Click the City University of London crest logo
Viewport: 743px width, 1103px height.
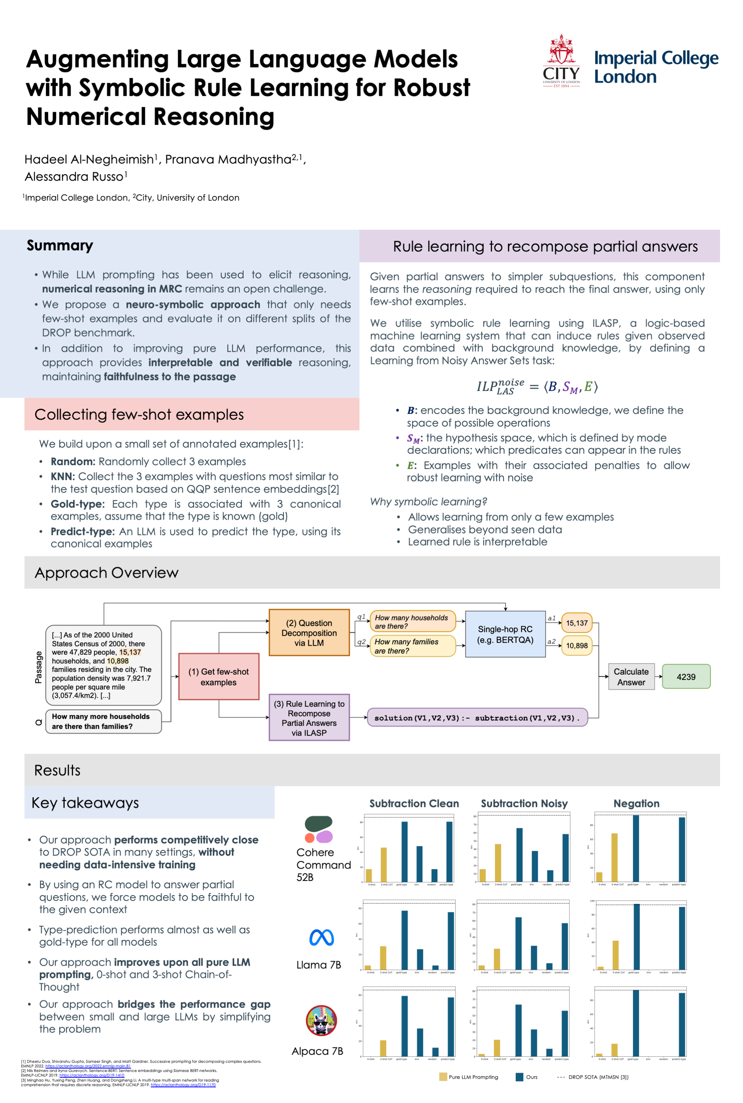coord(561,61)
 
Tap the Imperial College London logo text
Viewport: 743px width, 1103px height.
coord(656,67)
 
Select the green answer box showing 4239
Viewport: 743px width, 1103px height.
coord(686,676)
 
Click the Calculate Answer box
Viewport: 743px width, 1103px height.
coord(631,676)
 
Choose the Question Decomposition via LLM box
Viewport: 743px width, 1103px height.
coord(309,632)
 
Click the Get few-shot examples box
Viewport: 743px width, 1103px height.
coord(219,676)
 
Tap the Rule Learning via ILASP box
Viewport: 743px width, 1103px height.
coord(309,718)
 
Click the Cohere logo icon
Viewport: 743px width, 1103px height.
coord(318,829)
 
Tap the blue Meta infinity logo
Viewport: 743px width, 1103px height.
coord(321,937)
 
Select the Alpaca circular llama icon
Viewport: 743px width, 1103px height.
coord(321,1021)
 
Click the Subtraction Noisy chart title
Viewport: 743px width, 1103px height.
coord(524,804)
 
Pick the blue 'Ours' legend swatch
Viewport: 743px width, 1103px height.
coord(519,1077)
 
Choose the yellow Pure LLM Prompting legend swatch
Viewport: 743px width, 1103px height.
coord(443,1077)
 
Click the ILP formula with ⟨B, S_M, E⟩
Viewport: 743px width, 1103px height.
coord(537,387)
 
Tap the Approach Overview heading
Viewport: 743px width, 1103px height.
coord(107,573)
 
